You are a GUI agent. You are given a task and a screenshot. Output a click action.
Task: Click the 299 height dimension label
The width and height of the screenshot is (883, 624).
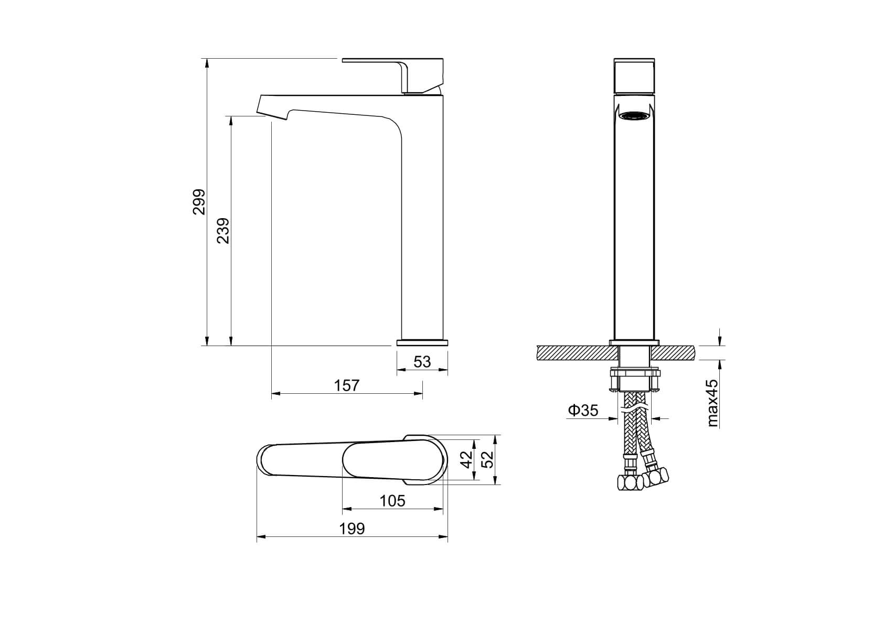coord(199,202)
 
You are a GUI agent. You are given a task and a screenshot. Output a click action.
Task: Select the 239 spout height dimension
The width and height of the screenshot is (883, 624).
coord(223,231)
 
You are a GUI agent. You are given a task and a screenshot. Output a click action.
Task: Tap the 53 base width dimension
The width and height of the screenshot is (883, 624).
coord(422,362)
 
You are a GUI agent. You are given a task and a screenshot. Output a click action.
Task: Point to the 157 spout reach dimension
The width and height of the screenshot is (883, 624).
coord(347,385)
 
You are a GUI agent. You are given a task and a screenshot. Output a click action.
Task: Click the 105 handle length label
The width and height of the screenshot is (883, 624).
coord(392,501)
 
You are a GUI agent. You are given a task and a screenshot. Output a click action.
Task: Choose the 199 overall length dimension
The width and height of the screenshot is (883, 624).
coord(352,529)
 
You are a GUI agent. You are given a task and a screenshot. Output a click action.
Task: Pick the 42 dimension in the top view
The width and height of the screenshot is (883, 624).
coord(467,459)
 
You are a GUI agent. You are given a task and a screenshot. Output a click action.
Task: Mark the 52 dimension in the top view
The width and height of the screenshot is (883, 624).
coord(488,459)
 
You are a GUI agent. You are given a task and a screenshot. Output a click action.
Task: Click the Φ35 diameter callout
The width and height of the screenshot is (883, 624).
coord(583,411)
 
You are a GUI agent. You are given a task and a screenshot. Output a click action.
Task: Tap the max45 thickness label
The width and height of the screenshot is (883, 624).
coord(712,403)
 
